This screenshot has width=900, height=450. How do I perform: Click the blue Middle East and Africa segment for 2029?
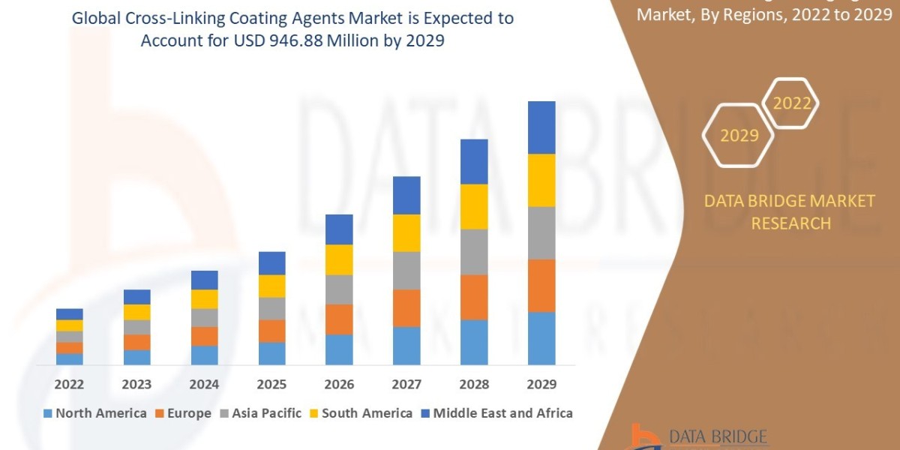541,127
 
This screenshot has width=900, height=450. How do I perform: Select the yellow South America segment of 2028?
474,206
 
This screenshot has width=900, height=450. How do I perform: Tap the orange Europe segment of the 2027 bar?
406,307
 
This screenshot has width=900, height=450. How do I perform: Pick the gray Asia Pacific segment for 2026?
339,289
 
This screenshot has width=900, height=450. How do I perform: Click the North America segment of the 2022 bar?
70,358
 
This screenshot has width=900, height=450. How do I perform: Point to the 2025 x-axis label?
271,385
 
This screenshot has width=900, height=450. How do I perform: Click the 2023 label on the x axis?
136,385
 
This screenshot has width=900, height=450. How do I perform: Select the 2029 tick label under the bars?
541,385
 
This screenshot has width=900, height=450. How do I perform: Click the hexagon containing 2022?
791,103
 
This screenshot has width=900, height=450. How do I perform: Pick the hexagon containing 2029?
739,136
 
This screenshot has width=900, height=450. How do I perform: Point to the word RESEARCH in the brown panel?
790,223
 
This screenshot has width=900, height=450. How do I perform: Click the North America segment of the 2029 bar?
541,338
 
